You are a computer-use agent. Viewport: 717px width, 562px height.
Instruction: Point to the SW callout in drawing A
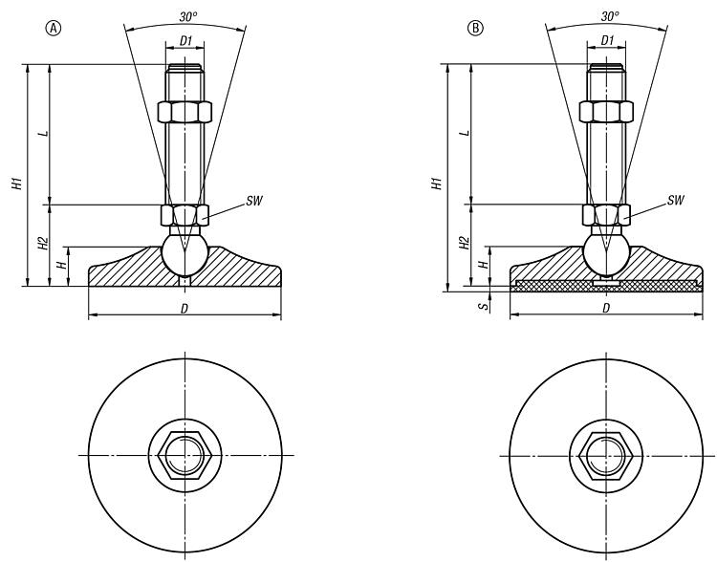pos(253,202)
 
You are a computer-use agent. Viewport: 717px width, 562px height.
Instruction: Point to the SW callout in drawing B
pos(675,201)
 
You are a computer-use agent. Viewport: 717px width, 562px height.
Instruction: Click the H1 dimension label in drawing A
pos(16,181)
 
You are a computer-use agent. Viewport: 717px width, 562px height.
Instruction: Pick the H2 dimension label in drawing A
pos(41,244)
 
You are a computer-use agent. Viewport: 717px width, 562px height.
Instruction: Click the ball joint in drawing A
pos(184,254)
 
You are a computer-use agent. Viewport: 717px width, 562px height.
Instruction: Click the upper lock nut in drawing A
pos(184,111)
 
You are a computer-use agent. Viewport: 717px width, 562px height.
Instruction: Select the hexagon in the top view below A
pos(184,453)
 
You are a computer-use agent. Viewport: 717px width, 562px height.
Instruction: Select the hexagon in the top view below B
pos(605,453)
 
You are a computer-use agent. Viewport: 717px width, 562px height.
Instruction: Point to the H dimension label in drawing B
pos(483,259)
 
